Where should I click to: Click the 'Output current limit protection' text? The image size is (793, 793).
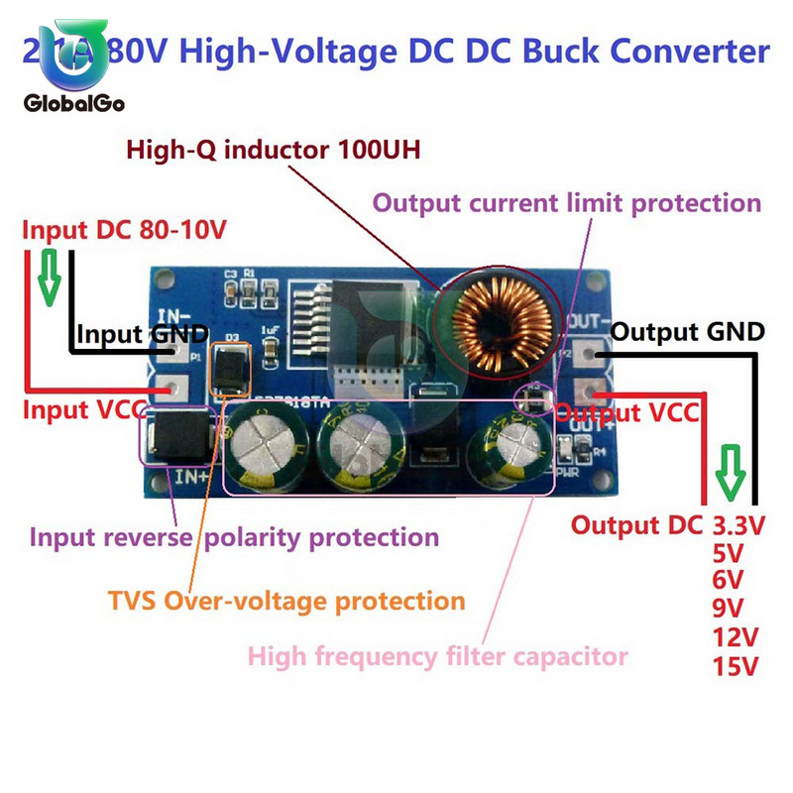point(566,203)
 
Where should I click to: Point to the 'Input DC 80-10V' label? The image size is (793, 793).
point(125,231)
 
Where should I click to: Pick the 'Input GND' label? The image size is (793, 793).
point(143,334)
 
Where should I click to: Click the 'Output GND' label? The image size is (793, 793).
point(687,331)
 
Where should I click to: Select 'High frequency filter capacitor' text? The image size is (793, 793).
point(437,655)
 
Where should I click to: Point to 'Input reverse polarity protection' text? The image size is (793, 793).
point(234,537)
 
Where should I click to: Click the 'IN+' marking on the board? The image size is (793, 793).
point(190,478)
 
